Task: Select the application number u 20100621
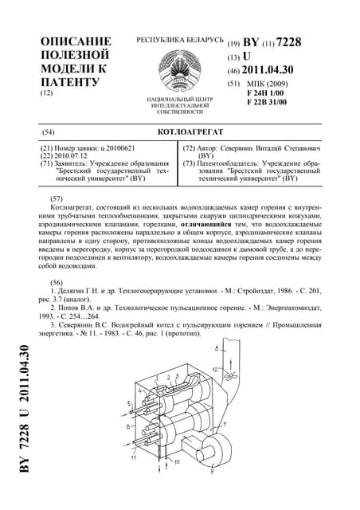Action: (x=115, y=149)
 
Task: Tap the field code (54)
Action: (x=48, y=131)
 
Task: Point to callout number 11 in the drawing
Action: (x=133, y=457)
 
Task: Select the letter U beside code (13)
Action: (x=247, y=57)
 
